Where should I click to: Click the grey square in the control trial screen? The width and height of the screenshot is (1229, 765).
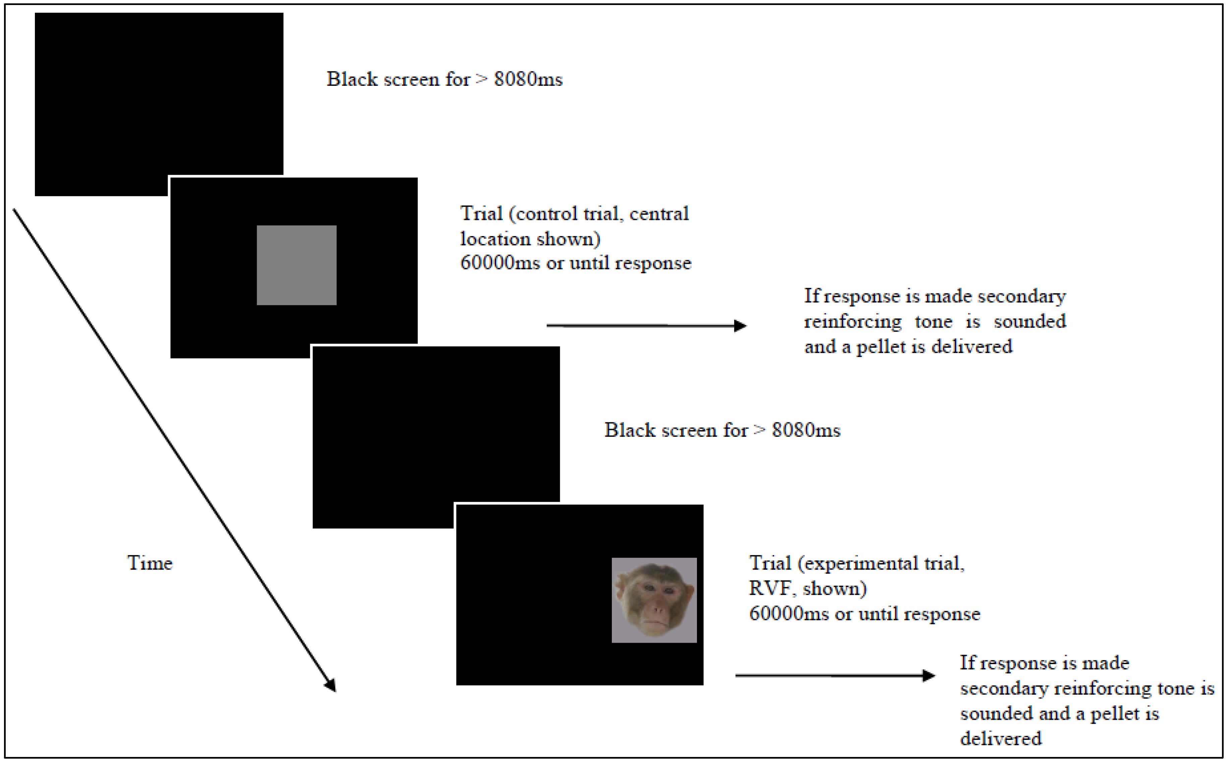[x=296, y=265]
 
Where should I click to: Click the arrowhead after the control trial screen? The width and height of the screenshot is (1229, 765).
[x=740, y=326]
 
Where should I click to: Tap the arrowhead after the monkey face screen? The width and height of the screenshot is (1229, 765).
[x=928, y=675]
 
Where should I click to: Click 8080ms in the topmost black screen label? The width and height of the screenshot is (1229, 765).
[x=528, y=79]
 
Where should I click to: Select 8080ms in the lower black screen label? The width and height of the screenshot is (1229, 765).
[x=806, y=430]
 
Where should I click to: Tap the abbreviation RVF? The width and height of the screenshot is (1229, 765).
[x=771, y=588]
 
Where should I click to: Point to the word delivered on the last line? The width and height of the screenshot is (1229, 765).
[x=1001, y=739]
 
